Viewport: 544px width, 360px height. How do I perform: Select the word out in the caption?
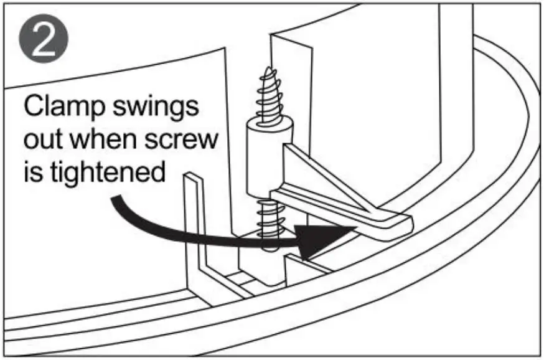[x=45, y=139]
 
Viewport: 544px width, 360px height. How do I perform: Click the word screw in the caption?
[x=187, y=140]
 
